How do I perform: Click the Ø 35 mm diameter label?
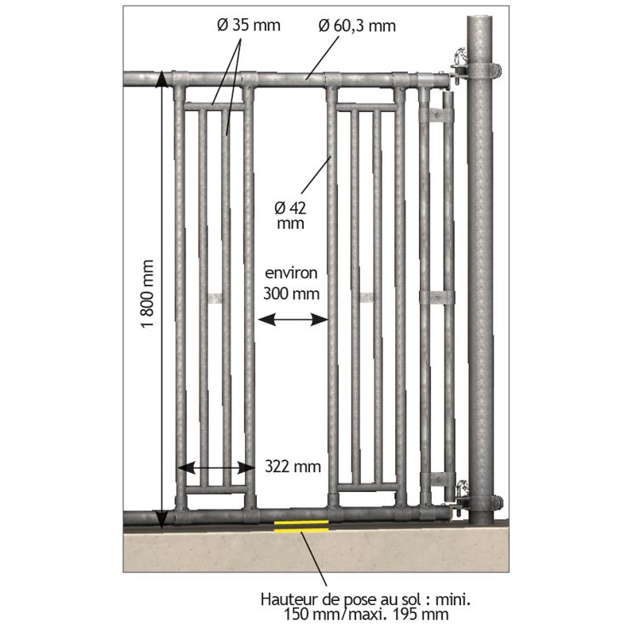[x=249, y=25]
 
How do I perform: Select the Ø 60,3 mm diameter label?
[x=357, y=26]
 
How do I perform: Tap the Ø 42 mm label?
[x=290, y=215]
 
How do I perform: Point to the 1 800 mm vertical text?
[x=147, y=294]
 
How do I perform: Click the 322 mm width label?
[x=293, y=467]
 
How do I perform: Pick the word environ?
[x=291, y=273]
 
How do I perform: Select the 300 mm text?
[x=291, y=293]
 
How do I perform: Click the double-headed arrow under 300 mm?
[x=293, y=320]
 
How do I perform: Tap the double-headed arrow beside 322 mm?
[x=216, y=467]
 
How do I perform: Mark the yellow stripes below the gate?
[x=301, y=525]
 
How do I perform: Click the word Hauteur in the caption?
[x=288, y=599]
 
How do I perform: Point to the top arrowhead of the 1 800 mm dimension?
[x=161, y=79]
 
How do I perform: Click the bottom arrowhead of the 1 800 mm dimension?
[x=161, y=521]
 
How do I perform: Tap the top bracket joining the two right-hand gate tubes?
[x=436, y=115]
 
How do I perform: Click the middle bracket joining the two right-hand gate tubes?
[x=436, y=297]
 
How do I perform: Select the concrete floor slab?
[x=316, y=549]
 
